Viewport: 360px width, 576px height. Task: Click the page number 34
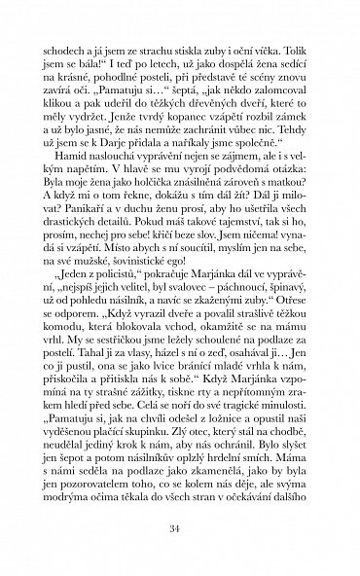[x=180, y=528]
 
